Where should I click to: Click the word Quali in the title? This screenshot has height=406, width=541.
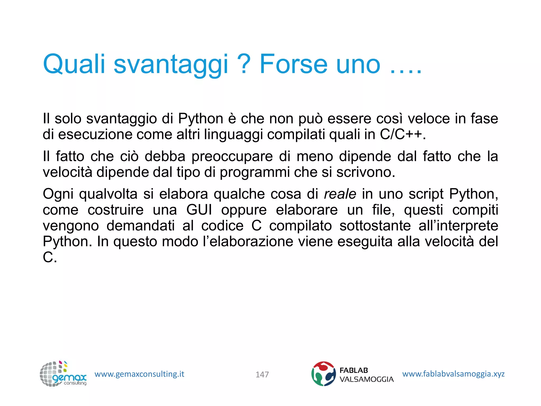74,64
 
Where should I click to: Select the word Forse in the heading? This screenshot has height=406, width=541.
293,64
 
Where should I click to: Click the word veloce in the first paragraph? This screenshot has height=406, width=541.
428,119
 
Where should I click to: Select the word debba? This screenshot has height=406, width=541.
165,156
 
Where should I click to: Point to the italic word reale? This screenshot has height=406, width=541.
340,194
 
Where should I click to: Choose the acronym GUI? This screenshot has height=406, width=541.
199,210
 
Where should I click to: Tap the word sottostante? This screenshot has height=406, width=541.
375,226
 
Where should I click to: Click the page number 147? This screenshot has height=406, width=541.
262,375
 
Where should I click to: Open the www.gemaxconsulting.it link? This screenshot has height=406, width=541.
139,374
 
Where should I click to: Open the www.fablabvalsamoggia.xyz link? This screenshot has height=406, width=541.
453,374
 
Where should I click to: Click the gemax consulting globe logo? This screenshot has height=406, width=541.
63,374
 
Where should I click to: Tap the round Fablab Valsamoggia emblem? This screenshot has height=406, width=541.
323,374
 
